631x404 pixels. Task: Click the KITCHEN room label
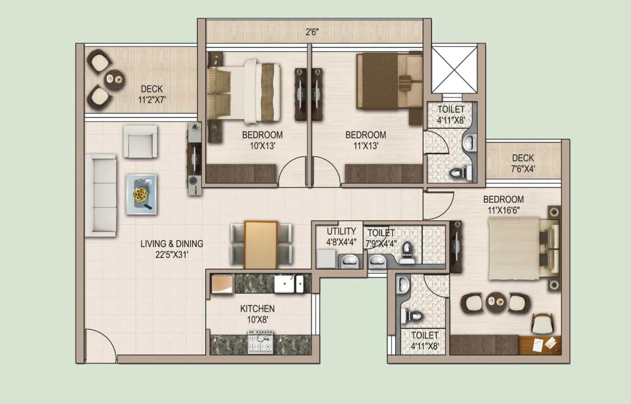pyautogui.click(x=257, y=309)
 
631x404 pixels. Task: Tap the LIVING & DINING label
pyautogui.click(x=172, y=244)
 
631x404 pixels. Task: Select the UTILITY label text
pyautogui.click(x=341, y=231)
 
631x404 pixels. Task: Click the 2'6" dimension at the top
pyautogui.click(x=312, y=32)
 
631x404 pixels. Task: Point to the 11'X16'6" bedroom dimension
pyautogui.click(x=504, y=211)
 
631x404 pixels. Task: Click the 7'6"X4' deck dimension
pyautogui.click(x=523, y=169)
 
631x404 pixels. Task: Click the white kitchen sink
pyautogui.click(x=289, y=284)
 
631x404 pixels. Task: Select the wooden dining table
pyautogui.click(x=261, y=245)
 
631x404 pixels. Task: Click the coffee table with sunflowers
pyautogui.click(x=141, y=195)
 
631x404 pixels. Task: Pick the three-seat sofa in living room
pyautogui.click(x=100, y=195)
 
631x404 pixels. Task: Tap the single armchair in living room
pyautogui.click(x=140, y=141)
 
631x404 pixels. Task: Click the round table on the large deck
pyautogui.click(x=114, y=80)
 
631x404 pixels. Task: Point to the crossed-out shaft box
pyautogui.click(x=454, y=70)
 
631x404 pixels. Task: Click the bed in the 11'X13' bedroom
pyautogui.click(x=389, y=81)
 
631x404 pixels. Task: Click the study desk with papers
pyautogui.click(x=540, y=345)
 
